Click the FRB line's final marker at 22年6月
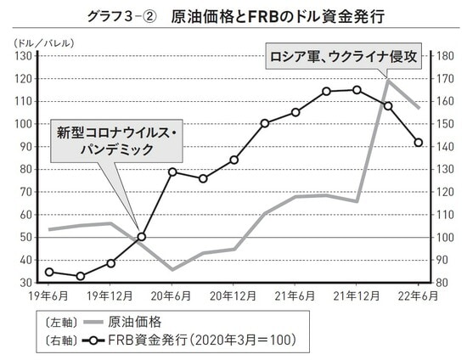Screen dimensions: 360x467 tap(419, 143)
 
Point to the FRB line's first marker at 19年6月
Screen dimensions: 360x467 tap(48, 272)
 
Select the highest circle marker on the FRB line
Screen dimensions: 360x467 tap(357, 89)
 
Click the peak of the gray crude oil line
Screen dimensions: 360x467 tap(388, 79)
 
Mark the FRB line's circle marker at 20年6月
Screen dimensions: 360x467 tap(172, 172)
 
